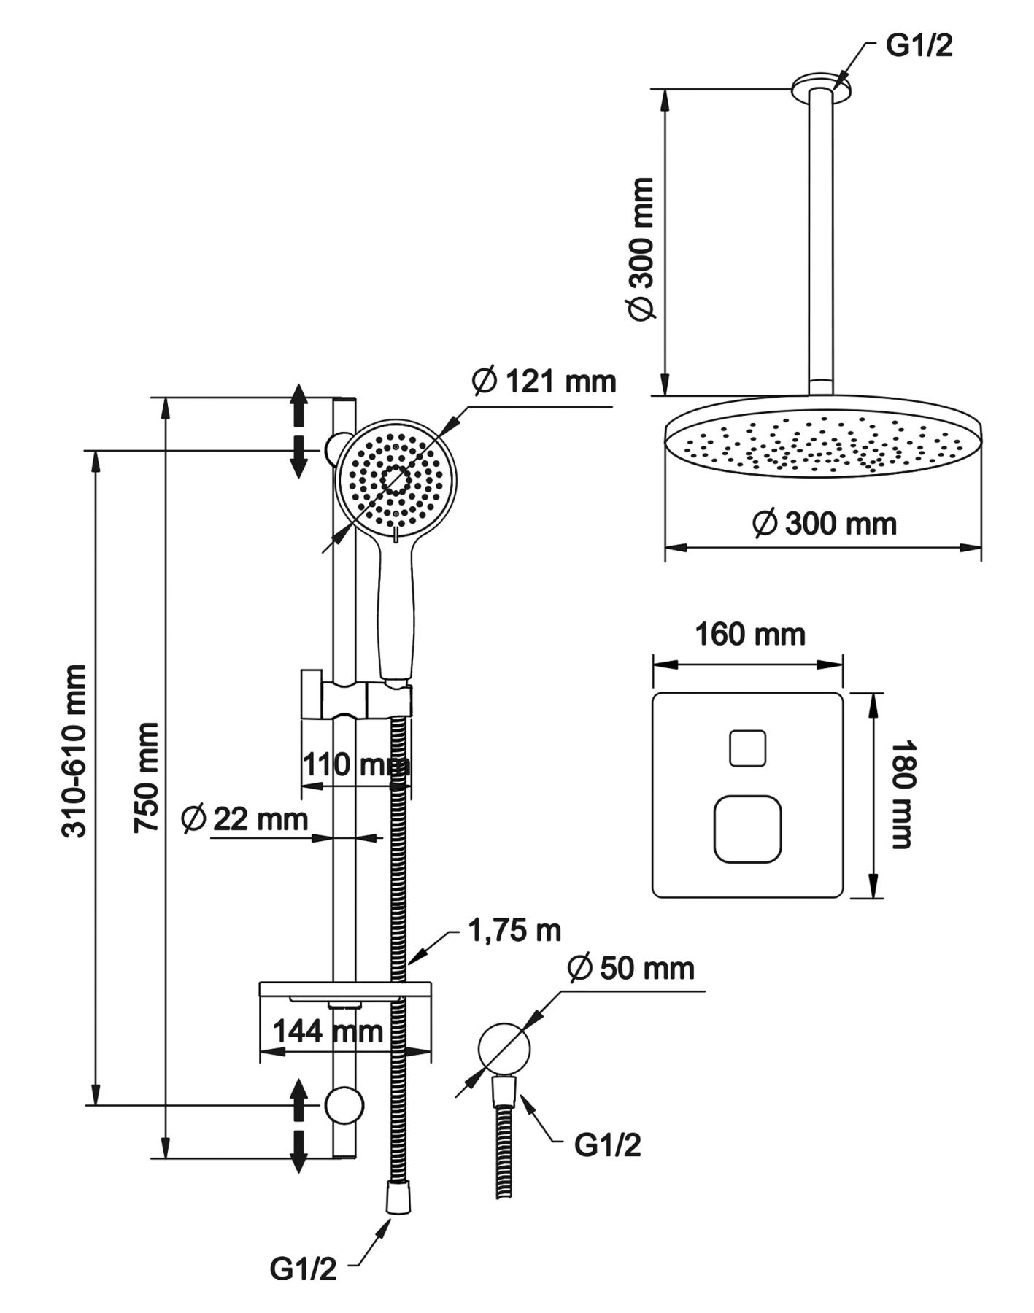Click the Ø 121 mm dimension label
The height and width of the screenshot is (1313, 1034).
coord(544,381)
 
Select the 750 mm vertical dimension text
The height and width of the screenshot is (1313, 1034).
coord(147,777)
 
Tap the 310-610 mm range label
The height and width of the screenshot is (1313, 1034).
coord(74,751)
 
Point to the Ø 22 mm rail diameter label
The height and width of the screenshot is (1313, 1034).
coord(244,818)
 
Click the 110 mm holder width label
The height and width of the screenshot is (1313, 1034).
coord(355,765)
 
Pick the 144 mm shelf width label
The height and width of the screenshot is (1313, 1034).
coord(328,1031)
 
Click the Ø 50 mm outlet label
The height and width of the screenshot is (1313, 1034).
coord(631,969)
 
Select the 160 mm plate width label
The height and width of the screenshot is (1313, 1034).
coord(749,635)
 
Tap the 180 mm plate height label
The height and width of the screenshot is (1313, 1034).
coord(903,794)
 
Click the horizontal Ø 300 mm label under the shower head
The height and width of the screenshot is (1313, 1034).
coord(825,524)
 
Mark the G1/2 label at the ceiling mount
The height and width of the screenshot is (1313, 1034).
coord(919,45)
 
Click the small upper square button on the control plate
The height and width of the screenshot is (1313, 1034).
coord(748,748)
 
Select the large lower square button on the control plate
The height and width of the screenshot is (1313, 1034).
coord(748,829)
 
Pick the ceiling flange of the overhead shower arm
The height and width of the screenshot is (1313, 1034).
coord(821,84)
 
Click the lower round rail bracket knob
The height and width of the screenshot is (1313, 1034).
coord(344,1104)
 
